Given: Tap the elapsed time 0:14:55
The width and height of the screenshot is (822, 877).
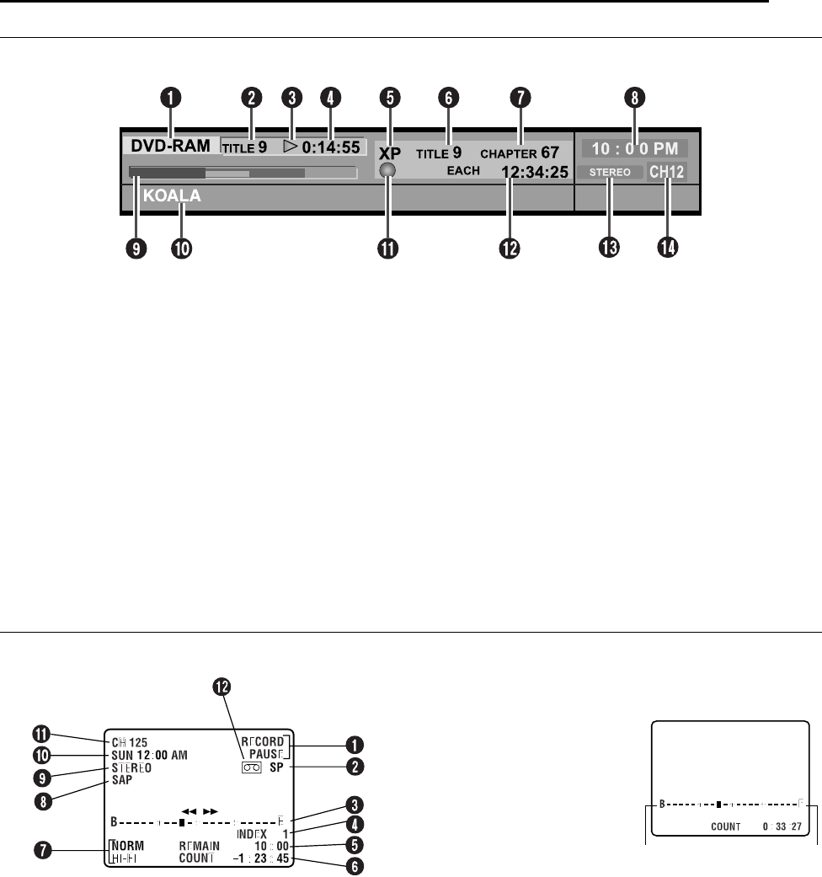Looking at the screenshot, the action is tap(332, 147).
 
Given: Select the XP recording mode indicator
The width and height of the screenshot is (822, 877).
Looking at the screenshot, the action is tap(390, 154).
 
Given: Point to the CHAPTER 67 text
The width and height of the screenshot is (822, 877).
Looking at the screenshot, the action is tap(520, 153).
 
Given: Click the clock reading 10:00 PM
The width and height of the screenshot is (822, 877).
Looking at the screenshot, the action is tap(634, 149).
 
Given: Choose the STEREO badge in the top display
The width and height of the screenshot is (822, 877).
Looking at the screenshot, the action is tap(611, 172).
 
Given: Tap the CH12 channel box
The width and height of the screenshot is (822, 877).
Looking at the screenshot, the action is tap(666, 172).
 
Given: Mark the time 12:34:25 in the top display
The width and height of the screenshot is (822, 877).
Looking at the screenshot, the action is tap(535, 173).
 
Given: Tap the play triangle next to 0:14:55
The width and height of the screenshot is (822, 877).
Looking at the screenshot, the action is tap(291, 147).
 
